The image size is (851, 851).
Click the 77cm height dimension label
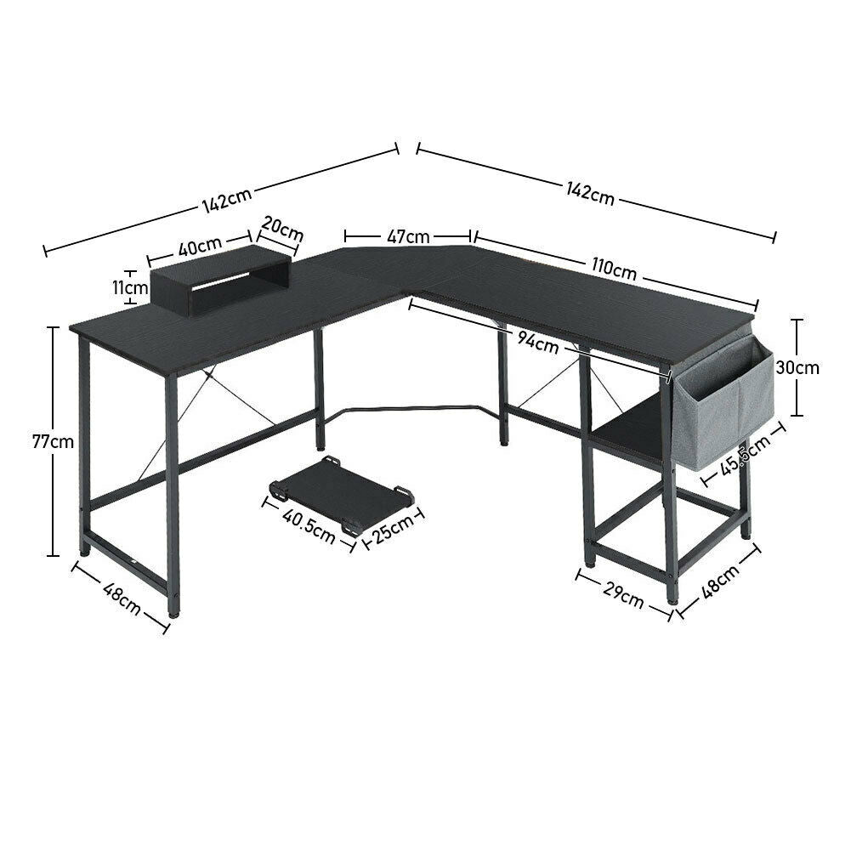pyautogui.click(x=54, y=442)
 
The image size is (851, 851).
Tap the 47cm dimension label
pyautogui.click(x=408, y=236)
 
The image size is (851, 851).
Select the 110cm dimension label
pyautogui.click(x=614, y=269)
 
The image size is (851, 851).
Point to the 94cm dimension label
pyautogui.click(x=537, y=343)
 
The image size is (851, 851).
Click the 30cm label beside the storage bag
pyautogui.click(x=797, y=367)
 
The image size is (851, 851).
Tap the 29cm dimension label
pyautogui.click(x=624, y=597)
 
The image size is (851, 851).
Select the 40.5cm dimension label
pyautogui.click(x=309, y=526)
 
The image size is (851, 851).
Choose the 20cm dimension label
pyautogui.click(x=282, y=229)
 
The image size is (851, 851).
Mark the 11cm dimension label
pyautogui.click(x=130, y=287)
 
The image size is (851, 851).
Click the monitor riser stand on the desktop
pyautogui.click(x=221, y=281)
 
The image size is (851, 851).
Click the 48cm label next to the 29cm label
pyautogui.click(x=721, y=582)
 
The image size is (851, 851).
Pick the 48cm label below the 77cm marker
pyautogui.click(x=122, y=599)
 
